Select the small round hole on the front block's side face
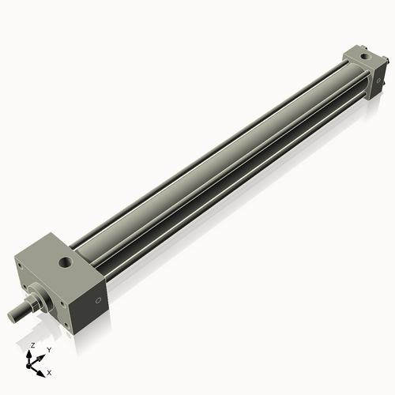99,300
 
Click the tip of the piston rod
13,317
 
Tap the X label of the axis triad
49,371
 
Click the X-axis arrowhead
43,369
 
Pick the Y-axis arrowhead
43,355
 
